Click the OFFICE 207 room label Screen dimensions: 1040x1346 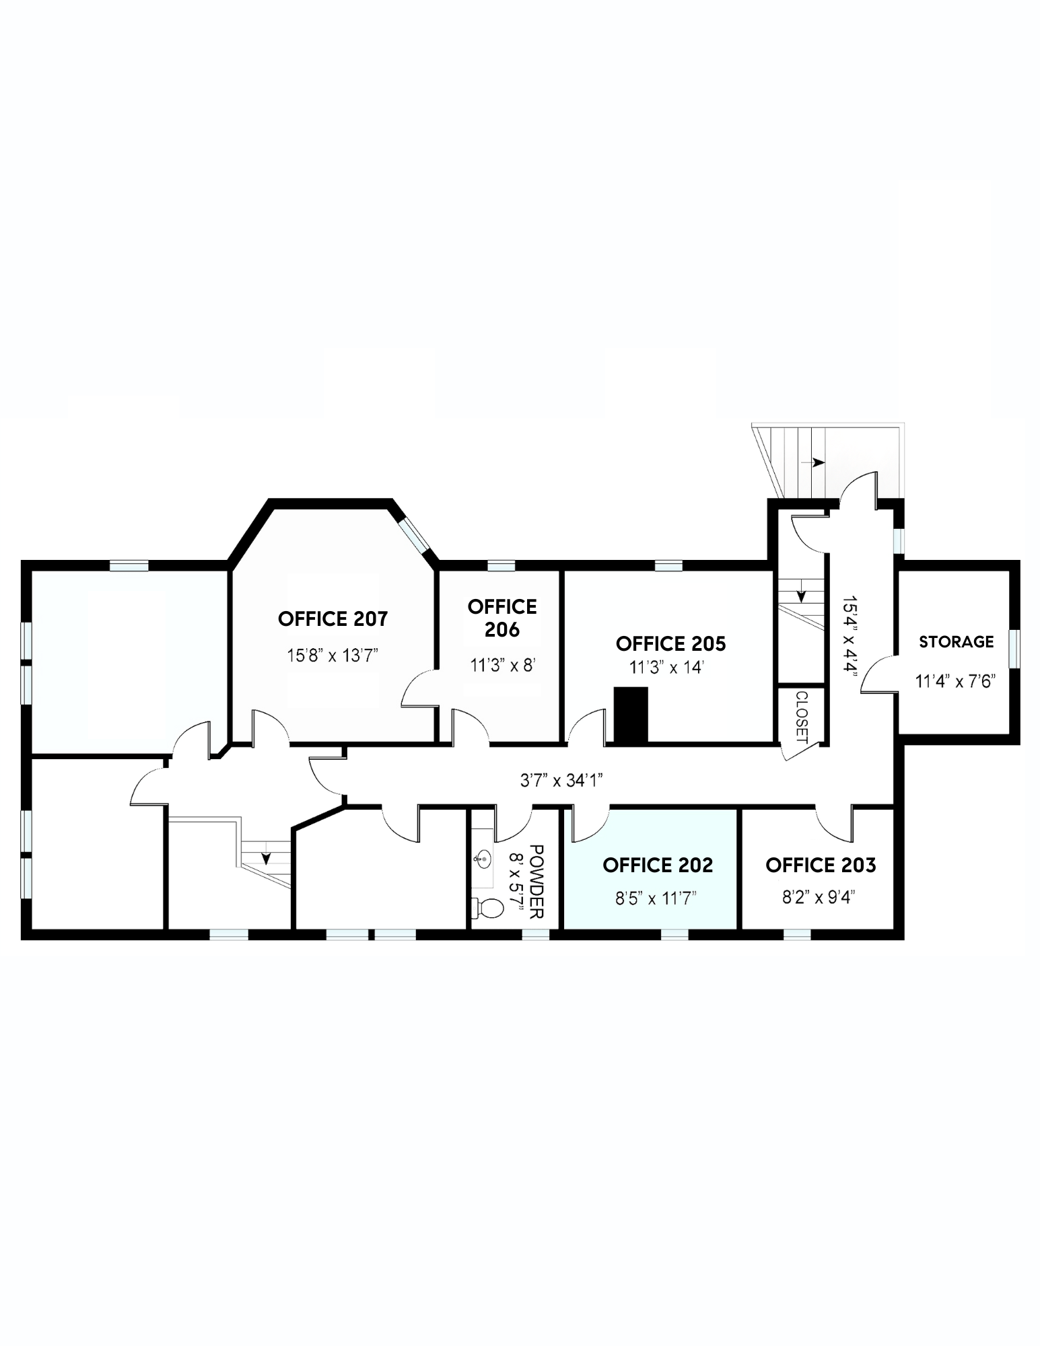[333, 618]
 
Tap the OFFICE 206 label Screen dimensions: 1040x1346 [502, 618]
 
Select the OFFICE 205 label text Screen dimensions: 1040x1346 [670, 643]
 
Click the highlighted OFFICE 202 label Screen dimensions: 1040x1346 [658, 865]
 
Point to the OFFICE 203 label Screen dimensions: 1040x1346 [821, 865]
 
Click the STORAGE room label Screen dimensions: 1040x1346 [956, 641]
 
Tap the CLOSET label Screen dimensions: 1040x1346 [801, 717]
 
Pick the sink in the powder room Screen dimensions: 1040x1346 [482, 858]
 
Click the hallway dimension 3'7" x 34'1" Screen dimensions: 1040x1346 [561, 780]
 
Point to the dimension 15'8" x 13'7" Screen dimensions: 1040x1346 [333, 655]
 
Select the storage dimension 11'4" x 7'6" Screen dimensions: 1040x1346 [955, 681]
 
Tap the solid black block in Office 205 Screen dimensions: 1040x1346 [631, 715]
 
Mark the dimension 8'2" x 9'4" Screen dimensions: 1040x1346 [818, 898]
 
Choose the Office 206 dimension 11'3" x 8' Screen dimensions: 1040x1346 [502, 666]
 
